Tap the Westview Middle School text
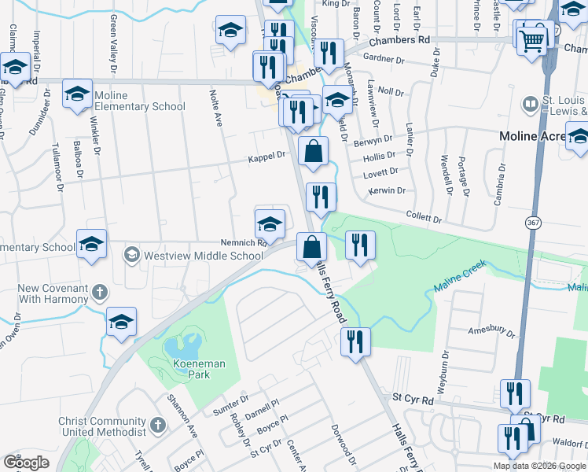[x=203, y=256]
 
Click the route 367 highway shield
[x=534, y=223]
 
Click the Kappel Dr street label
[x=266, y=156]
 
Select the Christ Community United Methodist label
[x=102, y=426]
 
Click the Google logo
[x=26, y=463]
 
